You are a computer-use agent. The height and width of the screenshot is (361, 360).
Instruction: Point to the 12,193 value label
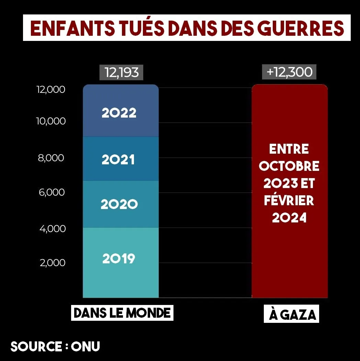(121, 73)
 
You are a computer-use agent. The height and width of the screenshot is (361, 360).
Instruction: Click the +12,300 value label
(289, 73)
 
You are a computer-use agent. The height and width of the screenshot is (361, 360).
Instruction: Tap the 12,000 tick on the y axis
(51, 89)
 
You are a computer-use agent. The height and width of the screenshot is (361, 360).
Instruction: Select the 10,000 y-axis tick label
(51, 121)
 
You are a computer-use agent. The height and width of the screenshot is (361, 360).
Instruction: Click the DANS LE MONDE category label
(122, 313)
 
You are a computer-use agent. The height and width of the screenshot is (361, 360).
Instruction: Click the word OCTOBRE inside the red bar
(289, 166)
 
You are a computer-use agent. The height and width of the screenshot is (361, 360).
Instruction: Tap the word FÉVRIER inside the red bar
(289, 200)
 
